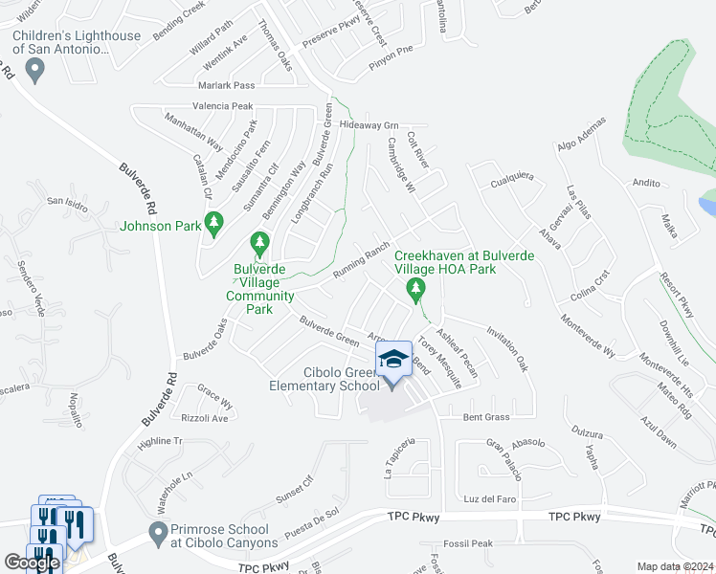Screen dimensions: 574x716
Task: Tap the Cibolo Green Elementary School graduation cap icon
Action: coord(393,361)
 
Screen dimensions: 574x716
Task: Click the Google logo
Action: coord(32,563)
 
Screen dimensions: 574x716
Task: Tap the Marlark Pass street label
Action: coord(224,85)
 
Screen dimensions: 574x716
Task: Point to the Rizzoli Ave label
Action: coord(206,418)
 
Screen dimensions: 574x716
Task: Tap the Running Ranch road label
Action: coord(361,261)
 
